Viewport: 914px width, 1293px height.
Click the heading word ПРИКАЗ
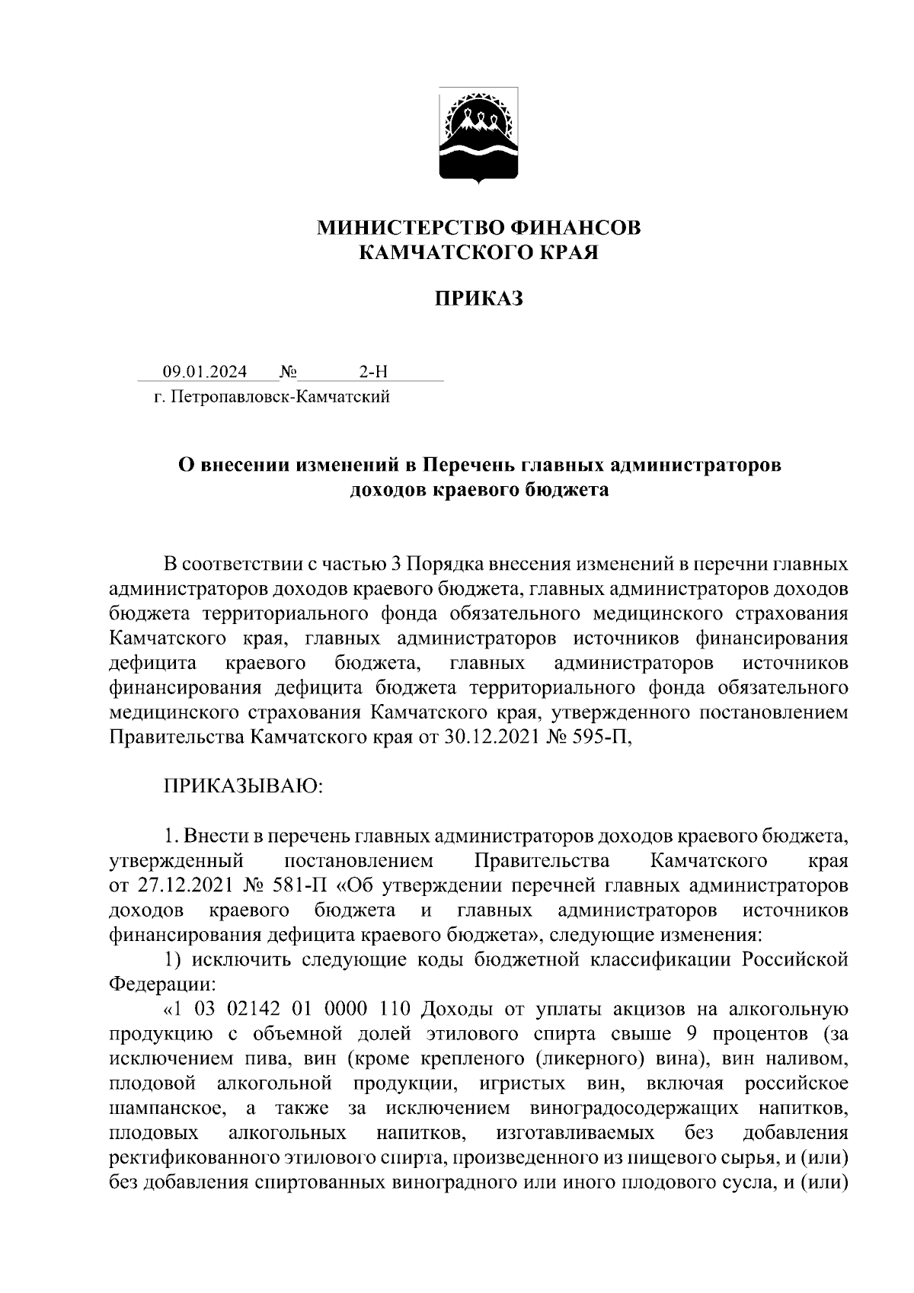(x=479, y=299)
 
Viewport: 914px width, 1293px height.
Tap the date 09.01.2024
(x=204, y=372)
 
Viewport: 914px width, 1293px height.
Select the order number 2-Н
(x=372, y=372)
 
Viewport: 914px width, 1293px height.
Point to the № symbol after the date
(x=288, y=372)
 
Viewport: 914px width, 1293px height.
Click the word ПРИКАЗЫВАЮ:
(x=243, y=786)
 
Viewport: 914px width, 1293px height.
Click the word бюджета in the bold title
(x=567, y=489)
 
